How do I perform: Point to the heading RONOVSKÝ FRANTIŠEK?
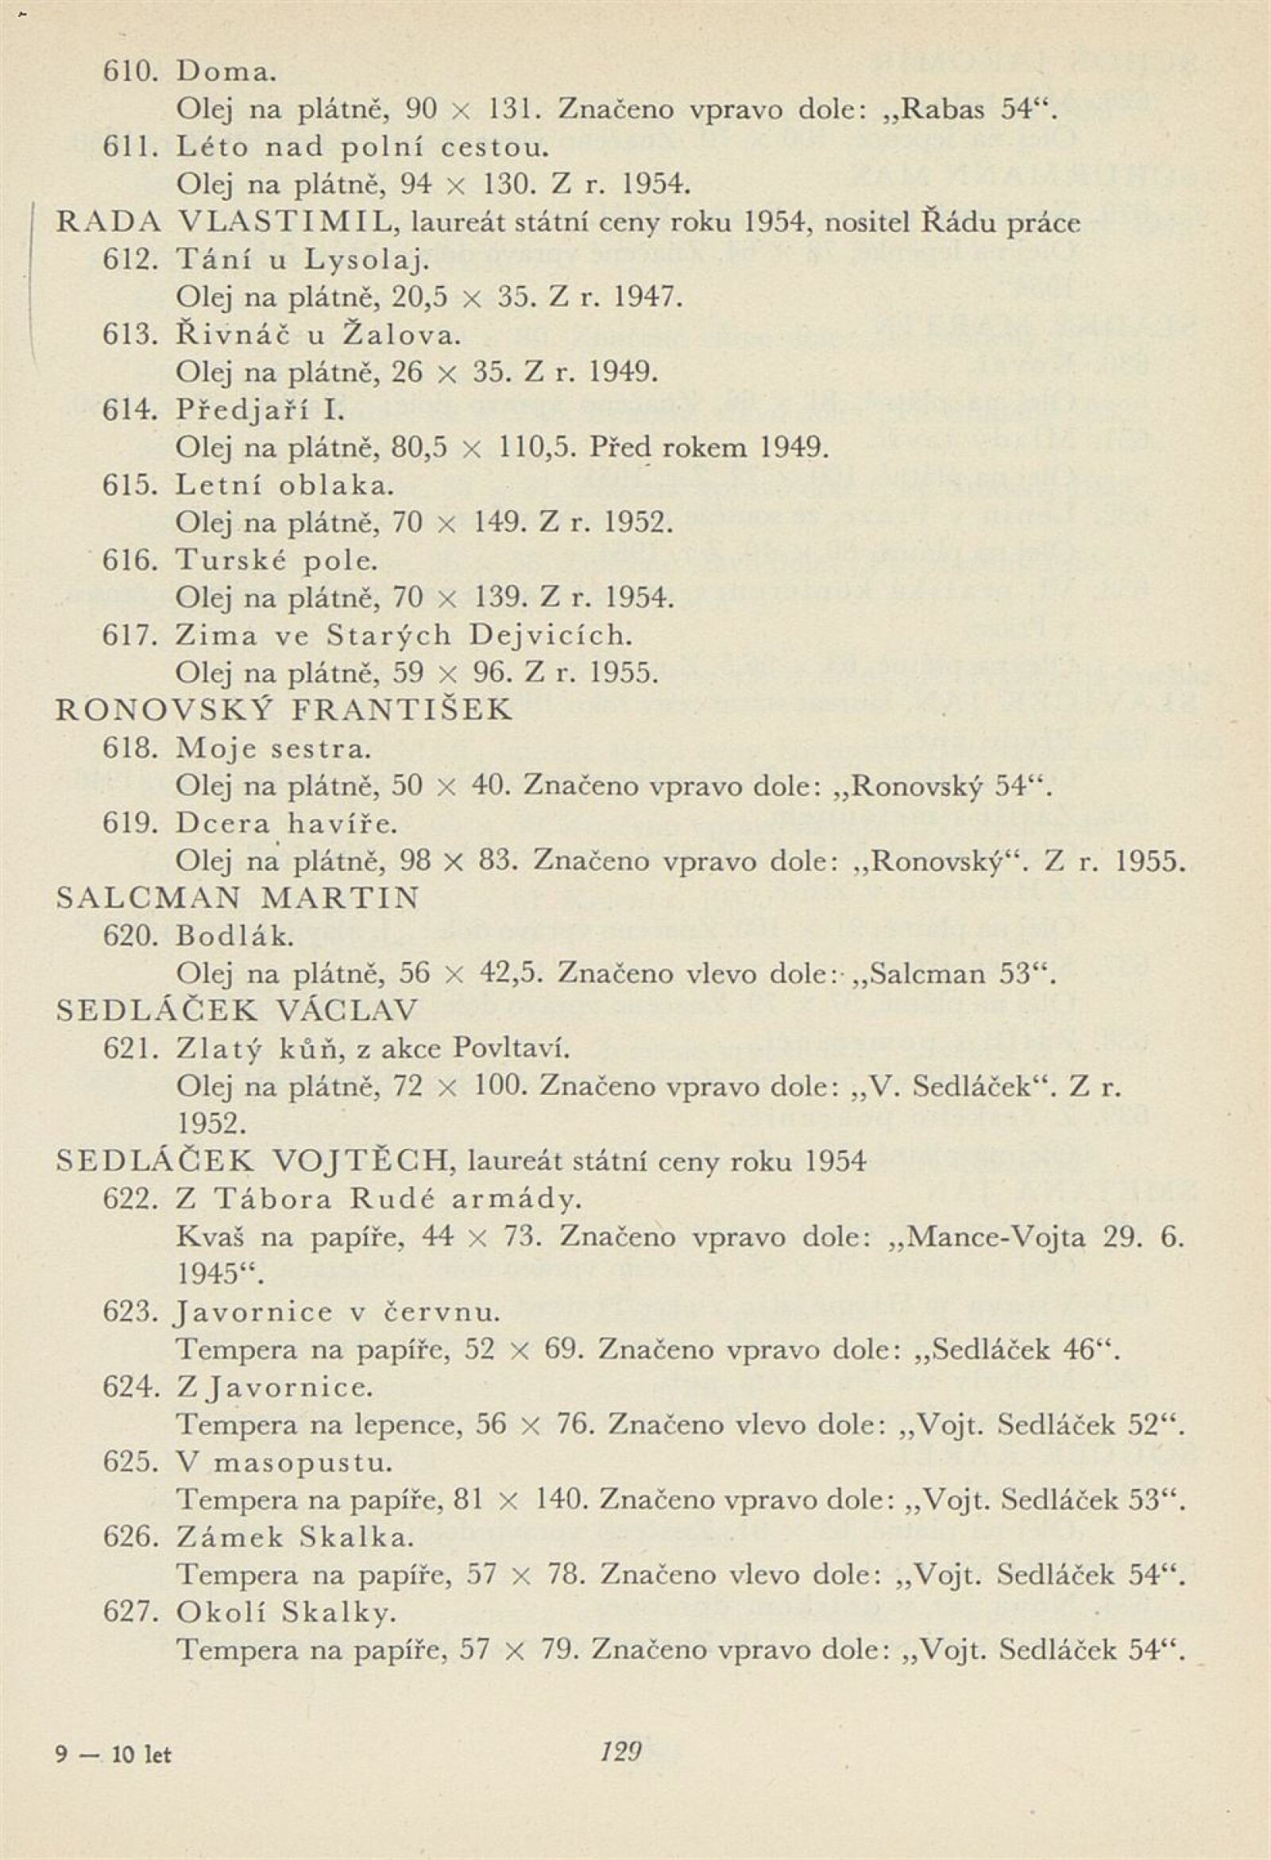click(x=284, y=710)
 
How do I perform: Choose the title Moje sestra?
click(x=273, y=749)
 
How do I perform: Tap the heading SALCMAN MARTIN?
click(x=238, y=899)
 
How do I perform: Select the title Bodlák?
click(x=234, y=936)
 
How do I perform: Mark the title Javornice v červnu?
click(x=337, y=1313)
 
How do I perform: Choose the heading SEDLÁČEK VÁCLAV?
click(x=237, y=1011)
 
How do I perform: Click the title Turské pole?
click(x=276, y=561)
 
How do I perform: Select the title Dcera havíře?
click(x=286, y=824)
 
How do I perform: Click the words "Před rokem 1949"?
click(x=706, y=448)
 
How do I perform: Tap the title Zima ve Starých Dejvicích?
click(x=404, y=636)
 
